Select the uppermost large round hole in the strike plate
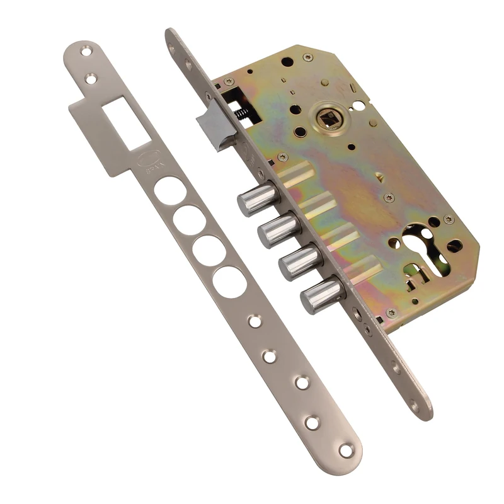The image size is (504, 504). point(170,190)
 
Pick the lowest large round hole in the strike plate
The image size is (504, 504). point(229,282)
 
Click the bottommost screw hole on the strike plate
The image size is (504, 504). point(346,450)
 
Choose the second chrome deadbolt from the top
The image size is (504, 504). point(278,230)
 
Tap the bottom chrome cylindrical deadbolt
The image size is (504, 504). point(321,295)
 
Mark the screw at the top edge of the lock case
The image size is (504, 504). point(307,57)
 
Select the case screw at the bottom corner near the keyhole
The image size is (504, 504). point(391,312)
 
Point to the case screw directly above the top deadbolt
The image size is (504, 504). point(283,157)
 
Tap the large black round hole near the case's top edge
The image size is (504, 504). point(287,62)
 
